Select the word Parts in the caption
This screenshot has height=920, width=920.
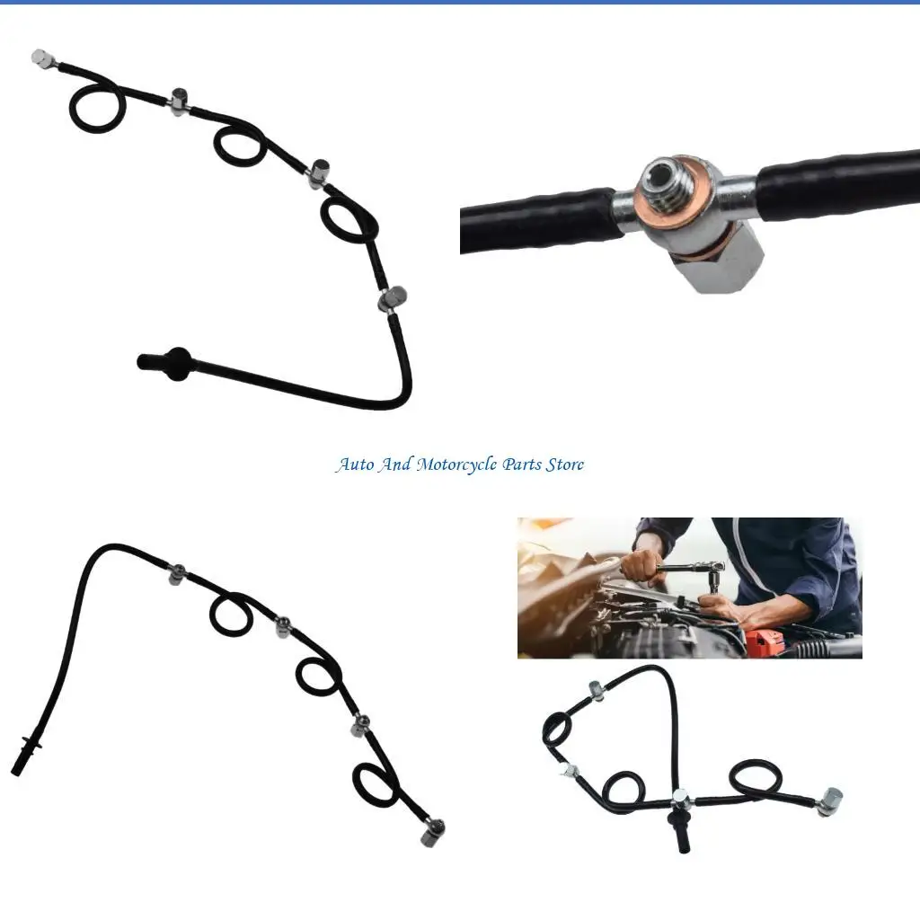pyautogui.click(x=521, y=464)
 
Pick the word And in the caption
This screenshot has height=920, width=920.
pyautogui.click(x=395, y=464)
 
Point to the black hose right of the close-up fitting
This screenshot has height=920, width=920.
pyautogui.click(x=836, y=184)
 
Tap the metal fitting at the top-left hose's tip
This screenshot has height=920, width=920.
pyautogui.click(x=41, y=58)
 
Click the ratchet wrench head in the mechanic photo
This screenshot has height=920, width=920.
pyautogui.click(x=715, y=570)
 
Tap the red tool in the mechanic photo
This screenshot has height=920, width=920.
pyautogui.click(x=762, y=643)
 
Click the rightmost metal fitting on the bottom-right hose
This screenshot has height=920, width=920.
pyautogui.click(x=831, y=799)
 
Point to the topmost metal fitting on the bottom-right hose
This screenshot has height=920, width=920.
pyautogui.click(x=596, y=689)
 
